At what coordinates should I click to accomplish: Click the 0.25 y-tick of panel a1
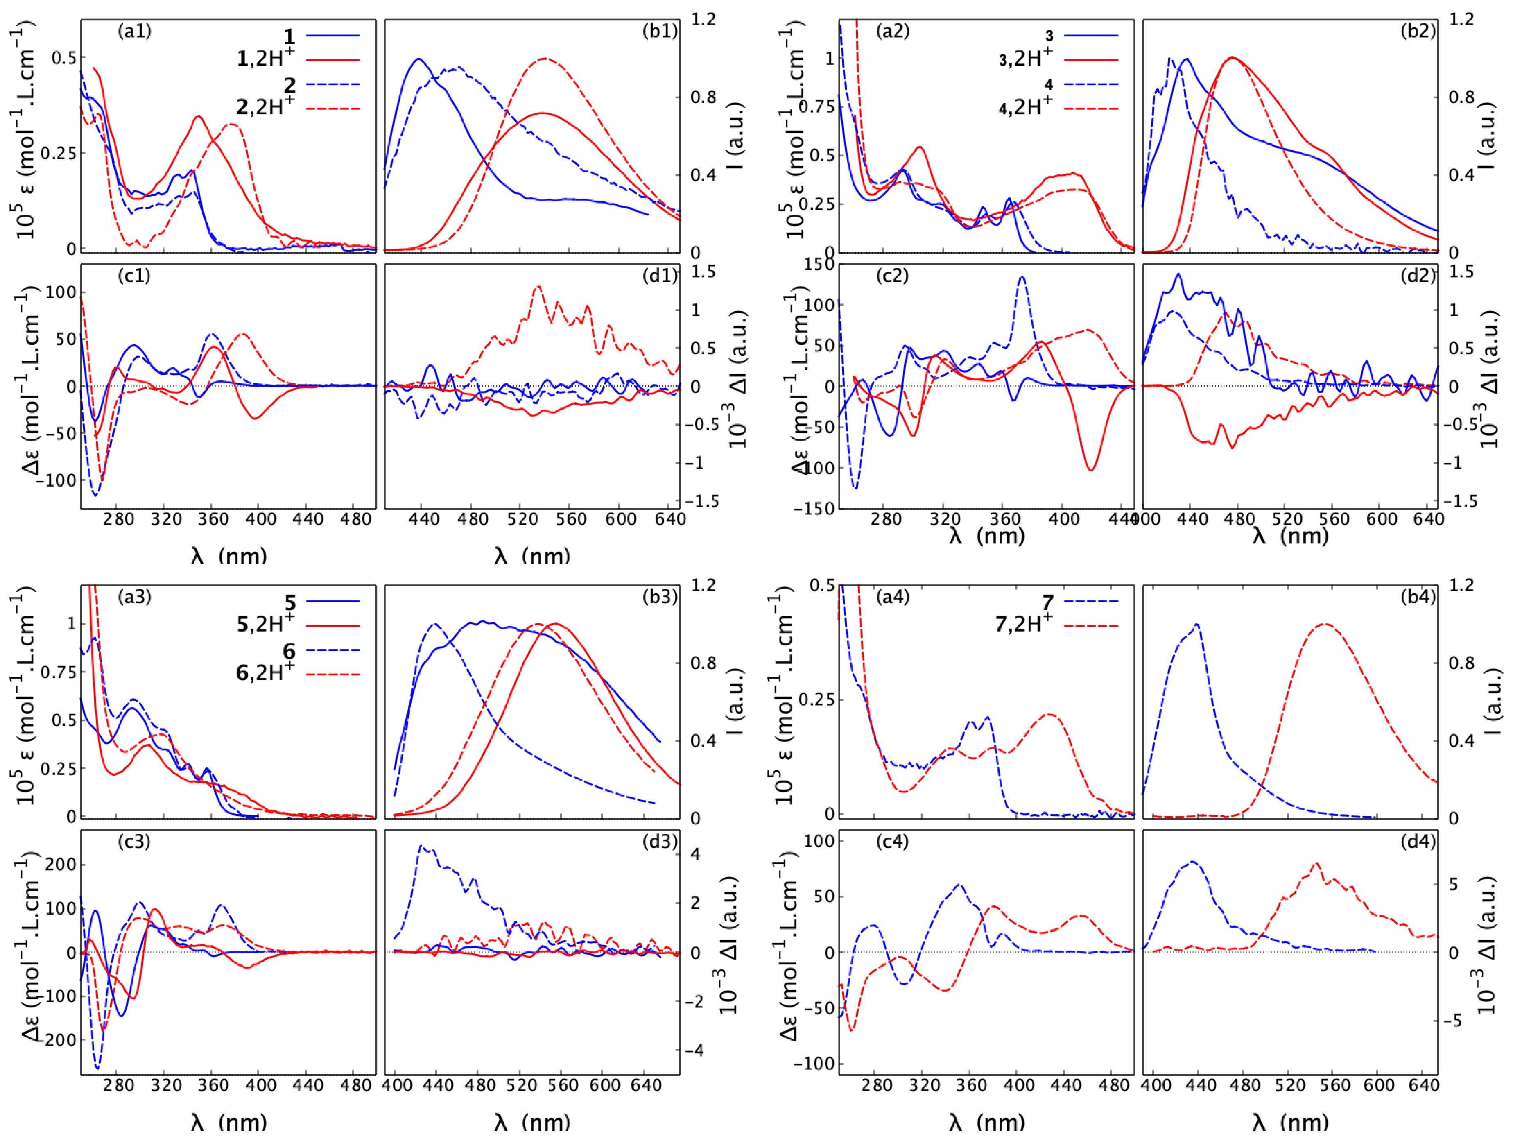tap(58, 153)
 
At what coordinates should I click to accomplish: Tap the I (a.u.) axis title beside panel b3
tap(735, 701)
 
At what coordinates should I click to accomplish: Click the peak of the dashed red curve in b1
tap(545, 59)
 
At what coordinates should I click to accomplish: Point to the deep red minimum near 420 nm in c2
tap(1091, 469)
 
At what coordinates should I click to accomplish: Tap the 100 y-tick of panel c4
tap(819, 841)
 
